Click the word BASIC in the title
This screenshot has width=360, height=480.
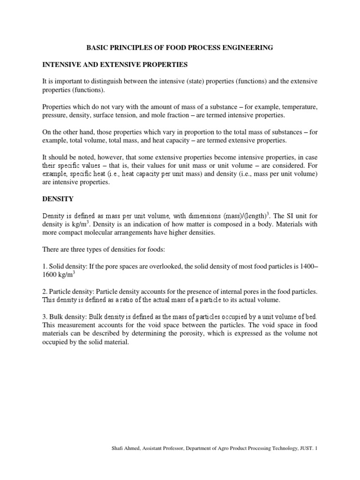coord(97,47)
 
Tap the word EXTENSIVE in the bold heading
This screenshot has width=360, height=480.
coord(135,64)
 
